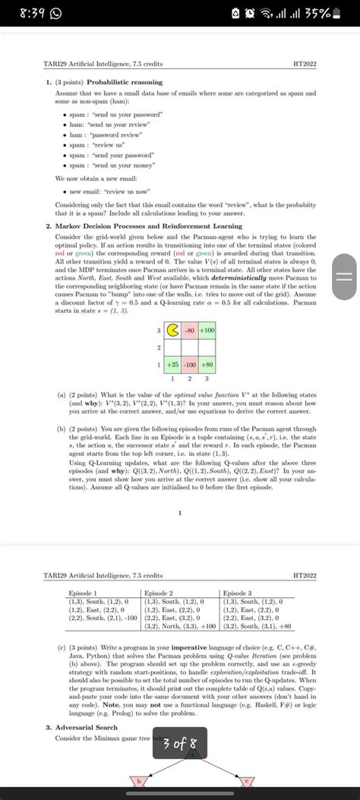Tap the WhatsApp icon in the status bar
[58, 13]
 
